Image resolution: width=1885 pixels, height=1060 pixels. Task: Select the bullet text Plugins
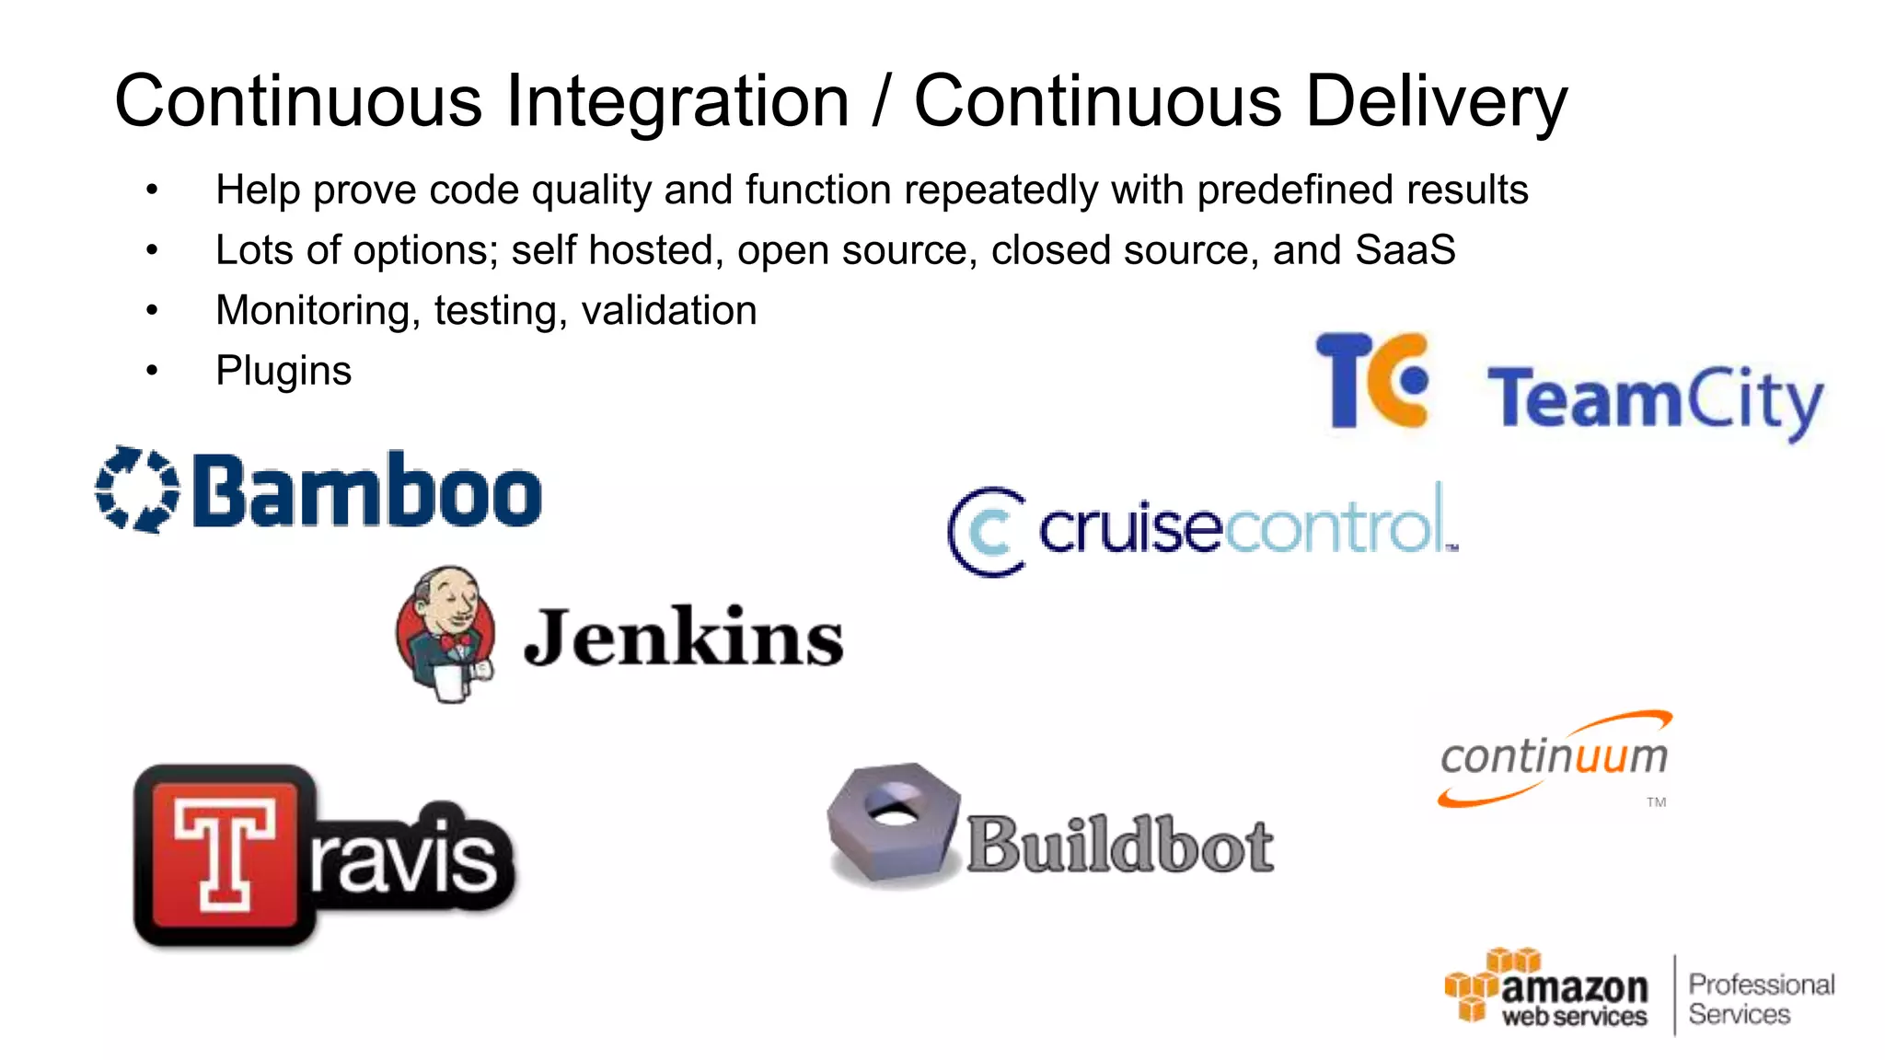tap(283, 371)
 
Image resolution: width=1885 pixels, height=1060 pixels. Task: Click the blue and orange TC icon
tap(1371, 380)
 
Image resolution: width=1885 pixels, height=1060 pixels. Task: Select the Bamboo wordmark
tap(366, 491)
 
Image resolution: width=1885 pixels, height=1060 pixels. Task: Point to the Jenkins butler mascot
tap(446, 633)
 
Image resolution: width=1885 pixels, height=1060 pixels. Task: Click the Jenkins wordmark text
tap(683, 637)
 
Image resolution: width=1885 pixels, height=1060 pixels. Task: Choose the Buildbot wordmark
tap(1119, 845)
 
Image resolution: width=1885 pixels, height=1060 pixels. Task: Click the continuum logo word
tap(1554, 757)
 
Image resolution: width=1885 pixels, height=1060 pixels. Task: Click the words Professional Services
tap(1760, 999)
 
